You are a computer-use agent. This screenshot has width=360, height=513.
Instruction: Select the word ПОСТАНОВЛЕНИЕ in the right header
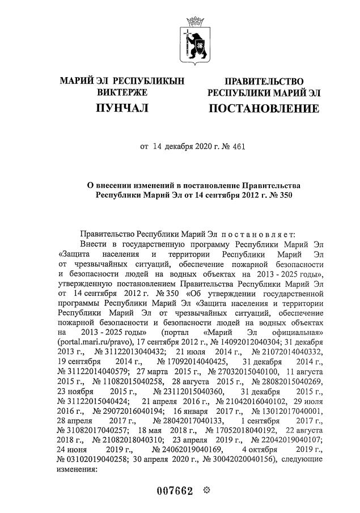(264, 108)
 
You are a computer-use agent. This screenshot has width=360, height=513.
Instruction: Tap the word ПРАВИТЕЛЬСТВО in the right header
(264, 81)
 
